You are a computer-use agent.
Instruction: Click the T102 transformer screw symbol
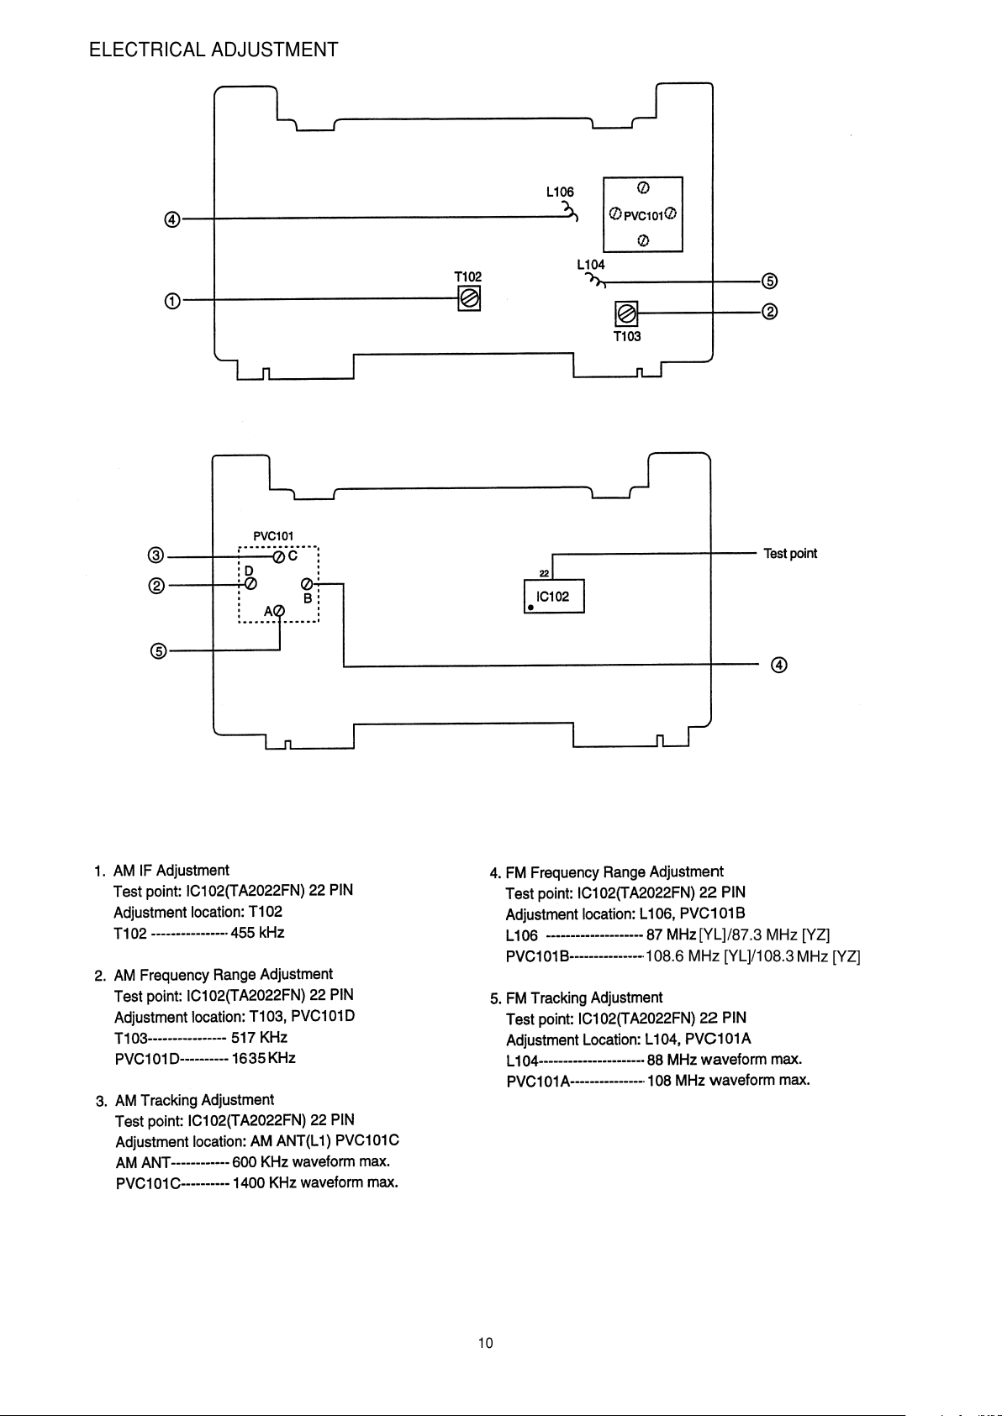pyautogui.click(x=469, y=298)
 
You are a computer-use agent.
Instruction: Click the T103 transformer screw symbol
pyautogui.click(x=626, y=313)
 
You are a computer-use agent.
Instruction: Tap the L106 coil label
pyautogui.click(x=560, y=192)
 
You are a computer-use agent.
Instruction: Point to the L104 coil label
pyautogui.click(x=591, y=264)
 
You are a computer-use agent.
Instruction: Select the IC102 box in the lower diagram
pyautogui.click(x=554, y=596)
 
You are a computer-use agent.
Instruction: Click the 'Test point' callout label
pyautogui.click(x=790, y=554)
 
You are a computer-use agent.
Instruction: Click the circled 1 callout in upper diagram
pyautogui.click(x=172, y=301)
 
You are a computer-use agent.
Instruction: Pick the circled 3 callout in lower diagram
pyautogui.click(x=156, y=555)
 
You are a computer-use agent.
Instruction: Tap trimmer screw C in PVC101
pyautogui.click(x=279, y=556)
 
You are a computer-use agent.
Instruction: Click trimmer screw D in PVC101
pyautogui.click(x=250, y=583)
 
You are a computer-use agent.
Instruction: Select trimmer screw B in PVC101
pyautogui.click(x=307, y=583)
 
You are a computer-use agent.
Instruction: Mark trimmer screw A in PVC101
pyautogui.click(x=279, y=611)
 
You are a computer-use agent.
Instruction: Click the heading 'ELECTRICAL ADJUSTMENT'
pyautogui.click(x=214, y=50)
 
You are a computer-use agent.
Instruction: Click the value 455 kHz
pyautogui.click(x=257, y=933)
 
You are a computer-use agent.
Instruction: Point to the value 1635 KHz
pyautogui.click(x=264, y=1058)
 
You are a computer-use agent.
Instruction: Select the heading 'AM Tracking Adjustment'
pyautogui.click(x=195, y=1100)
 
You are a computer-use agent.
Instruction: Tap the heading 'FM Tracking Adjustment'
pyautogui.click(x=584, y=998)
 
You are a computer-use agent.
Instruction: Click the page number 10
pyautogui.click(x=486, y=1343)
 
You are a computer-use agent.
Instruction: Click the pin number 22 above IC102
pyautogui.click(x=545, y=573)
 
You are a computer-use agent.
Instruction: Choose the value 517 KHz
pyautogui.click(x=259, y=1037)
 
